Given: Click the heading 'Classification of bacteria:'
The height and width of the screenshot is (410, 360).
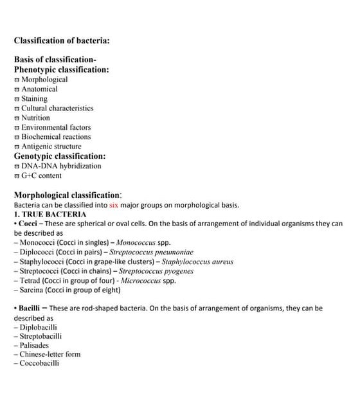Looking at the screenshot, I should click(62, 40).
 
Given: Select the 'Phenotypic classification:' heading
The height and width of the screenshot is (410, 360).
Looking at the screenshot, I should click(61, 69).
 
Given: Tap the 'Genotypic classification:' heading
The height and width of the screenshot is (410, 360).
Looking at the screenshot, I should click(60, 156).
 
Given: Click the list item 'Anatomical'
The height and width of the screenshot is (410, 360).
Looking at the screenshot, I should click(39, 89).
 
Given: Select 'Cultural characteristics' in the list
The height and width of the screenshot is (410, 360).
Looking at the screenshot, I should click(57, 109).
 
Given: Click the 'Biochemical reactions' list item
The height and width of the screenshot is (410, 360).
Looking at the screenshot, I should click(56, 137).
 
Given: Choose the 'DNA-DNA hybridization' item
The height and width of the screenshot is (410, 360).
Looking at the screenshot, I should click(61, 166).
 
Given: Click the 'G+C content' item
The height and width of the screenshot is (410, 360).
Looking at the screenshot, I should click(41, 175).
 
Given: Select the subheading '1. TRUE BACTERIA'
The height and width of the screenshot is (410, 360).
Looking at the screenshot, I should click(50, 214).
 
